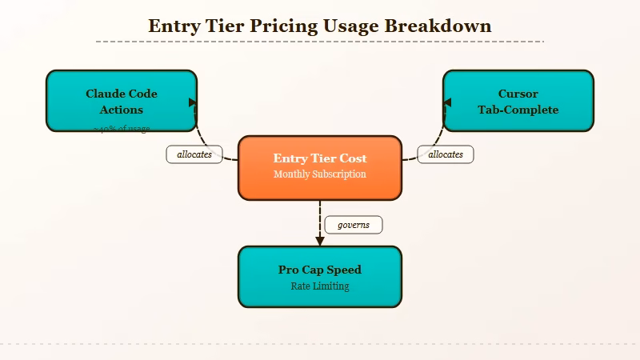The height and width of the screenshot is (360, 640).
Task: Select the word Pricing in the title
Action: click(282, 26)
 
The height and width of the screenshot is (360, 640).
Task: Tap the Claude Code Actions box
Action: click(122, 101)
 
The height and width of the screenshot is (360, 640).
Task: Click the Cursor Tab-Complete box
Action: click(518, 101)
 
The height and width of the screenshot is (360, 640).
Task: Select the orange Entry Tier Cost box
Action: click(320, 167)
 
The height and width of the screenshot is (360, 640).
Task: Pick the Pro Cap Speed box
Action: click(320, 276)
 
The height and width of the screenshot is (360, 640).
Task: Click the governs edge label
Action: click(354, 225)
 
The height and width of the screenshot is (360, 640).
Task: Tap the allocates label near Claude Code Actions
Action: click(194, 154)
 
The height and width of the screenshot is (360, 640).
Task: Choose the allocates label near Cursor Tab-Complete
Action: click(446, 154)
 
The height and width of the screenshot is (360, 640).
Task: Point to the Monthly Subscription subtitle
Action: click(320, 174)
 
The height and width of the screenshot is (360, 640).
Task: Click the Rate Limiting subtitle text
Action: click(320, 286)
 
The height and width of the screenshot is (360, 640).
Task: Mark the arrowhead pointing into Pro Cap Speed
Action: click(320, 240)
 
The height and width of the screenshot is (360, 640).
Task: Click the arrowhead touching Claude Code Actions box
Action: click(193, 102)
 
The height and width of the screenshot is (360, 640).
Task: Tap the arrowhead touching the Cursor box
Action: click(447, 102)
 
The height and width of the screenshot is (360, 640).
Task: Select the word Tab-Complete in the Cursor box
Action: click(518, 110)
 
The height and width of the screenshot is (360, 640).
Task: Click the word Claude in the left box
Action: click(106, 94)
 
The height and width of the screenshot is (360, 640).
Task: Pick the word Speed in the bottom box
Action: click(344, 270)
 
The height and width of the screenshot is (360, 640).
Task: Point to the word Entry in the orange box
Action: click(290, 158)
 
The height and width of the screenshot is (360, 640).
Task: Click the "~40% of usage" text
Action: click(122, 129)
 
